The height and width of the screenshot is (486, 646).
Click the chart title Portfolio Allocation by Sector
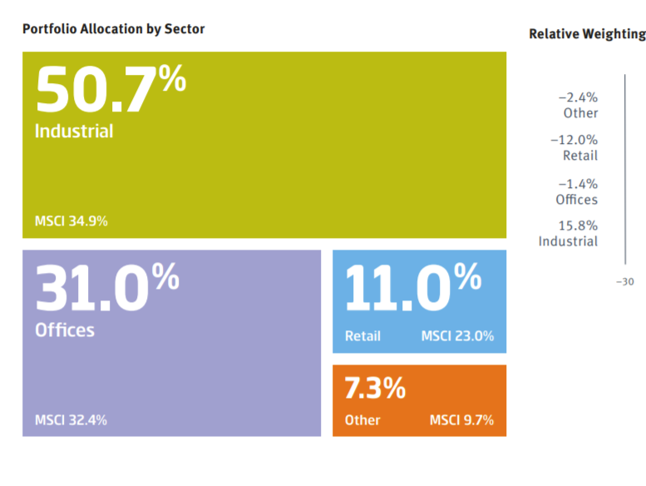coord(113,29)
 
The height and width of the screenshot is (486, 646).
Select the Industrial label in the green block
coord(74,131)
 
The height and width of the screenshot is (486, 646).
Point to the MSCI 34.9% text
coord(72,221)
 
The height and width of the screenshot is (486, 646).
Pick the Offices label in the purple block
coord(65,330)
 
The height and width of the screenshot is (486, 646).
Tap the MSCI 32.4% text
coord(71,420)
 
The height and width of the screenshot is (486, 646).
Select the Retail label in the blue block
coord(362,336)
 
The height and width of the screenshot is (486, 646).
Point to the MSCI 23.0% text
coord(457,336)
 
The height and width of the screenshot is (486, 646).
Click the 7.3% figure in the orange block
coord(375,388)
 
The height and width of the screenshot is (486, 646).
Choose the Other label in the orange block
coord(362,420)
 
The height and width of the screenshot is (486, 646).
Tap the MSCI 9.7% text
coord(461,420)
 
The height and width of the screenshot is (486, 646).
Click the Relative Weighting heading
coord(587,34)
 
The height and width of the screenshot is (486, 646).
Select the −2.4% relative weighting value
coord(578,98)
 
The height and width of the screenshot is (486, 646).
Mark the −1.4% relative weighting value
coord(578,184)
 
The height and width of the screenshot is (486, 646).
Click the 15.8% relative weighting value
coord(579,226)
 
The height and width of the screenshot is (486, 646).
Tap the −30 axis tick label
coord(624,281)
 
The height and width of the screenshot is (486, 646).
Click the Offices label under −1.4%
coord(576,200)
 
